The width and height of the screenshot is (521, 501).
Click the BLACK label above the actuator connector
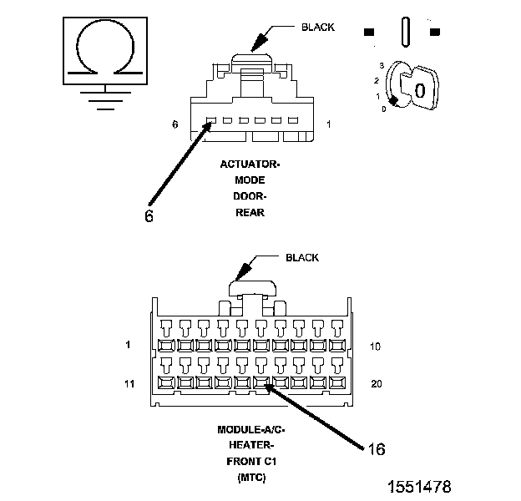[x=317, y=28]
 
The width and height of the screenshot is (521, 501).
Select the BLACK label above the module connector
[x=302, y=257]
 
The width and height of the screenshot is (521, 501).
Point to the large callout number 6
[x=149, y=216]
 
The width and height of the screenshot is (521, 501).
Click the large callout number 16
[x=377, y=449]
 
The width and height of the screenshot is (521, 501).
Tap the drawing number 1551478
[x=420, y=487]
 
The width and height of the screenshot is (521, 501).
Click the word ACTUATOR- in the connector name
[x=250, y=164]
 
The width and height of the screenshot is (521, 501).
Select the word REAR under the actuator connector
[x=250, y=213]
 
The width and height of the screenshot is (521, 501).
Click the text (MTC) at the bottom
[x=251, y=478]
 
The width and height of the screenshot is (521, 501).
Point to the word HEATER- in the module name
[x=251, y=445]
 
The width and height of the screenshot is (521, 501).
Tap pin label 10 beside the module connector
[x=375, y=347]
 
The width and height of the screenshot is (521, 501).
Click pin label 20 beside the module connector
[x=377, y=384]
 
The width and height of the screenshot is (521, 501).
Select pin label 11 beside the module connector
[x=129, y=384]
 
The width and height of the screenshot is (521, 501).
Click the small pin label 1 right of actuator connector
[x=329, y=124]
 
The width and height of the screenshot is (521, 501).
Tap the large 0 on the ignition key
[x=420, y=90]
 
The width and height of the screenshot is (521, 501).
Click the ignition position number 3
[x=382, y=65]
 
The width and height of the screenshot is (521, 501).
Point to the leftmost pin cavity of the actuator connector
[x=211, y=120]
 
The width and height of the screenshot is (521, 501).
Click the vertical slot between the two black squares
[x=406, y=32]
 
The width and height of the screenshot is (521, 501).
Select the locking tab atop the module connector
[x=252, y=288]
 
